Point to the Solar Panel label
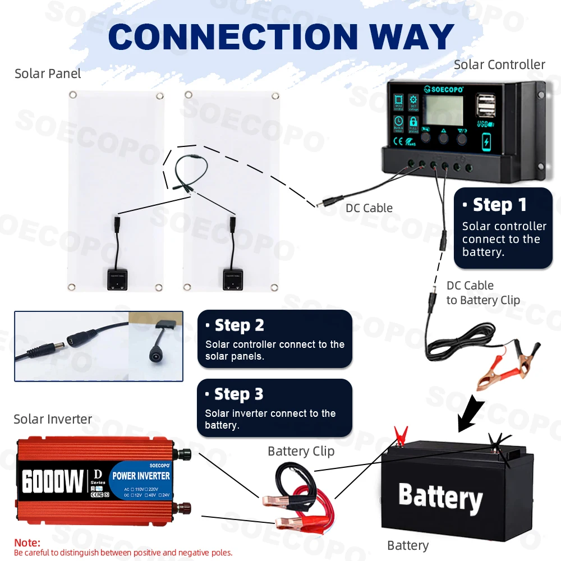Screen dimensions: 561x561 tap(48, 73)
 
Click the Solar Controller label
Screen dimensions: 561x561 tap(499, 65)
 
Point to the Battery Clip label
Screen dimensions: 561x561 tap(301, 451)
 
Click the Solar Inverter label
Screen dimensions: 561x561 tap(53, 419)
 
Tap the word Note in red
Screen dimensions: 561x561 tap(27, 543)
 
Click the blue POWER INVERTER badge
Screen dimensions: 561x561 tap(141, 475)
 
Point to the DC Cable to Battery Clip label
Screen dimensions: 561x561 tap(482, 293)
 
